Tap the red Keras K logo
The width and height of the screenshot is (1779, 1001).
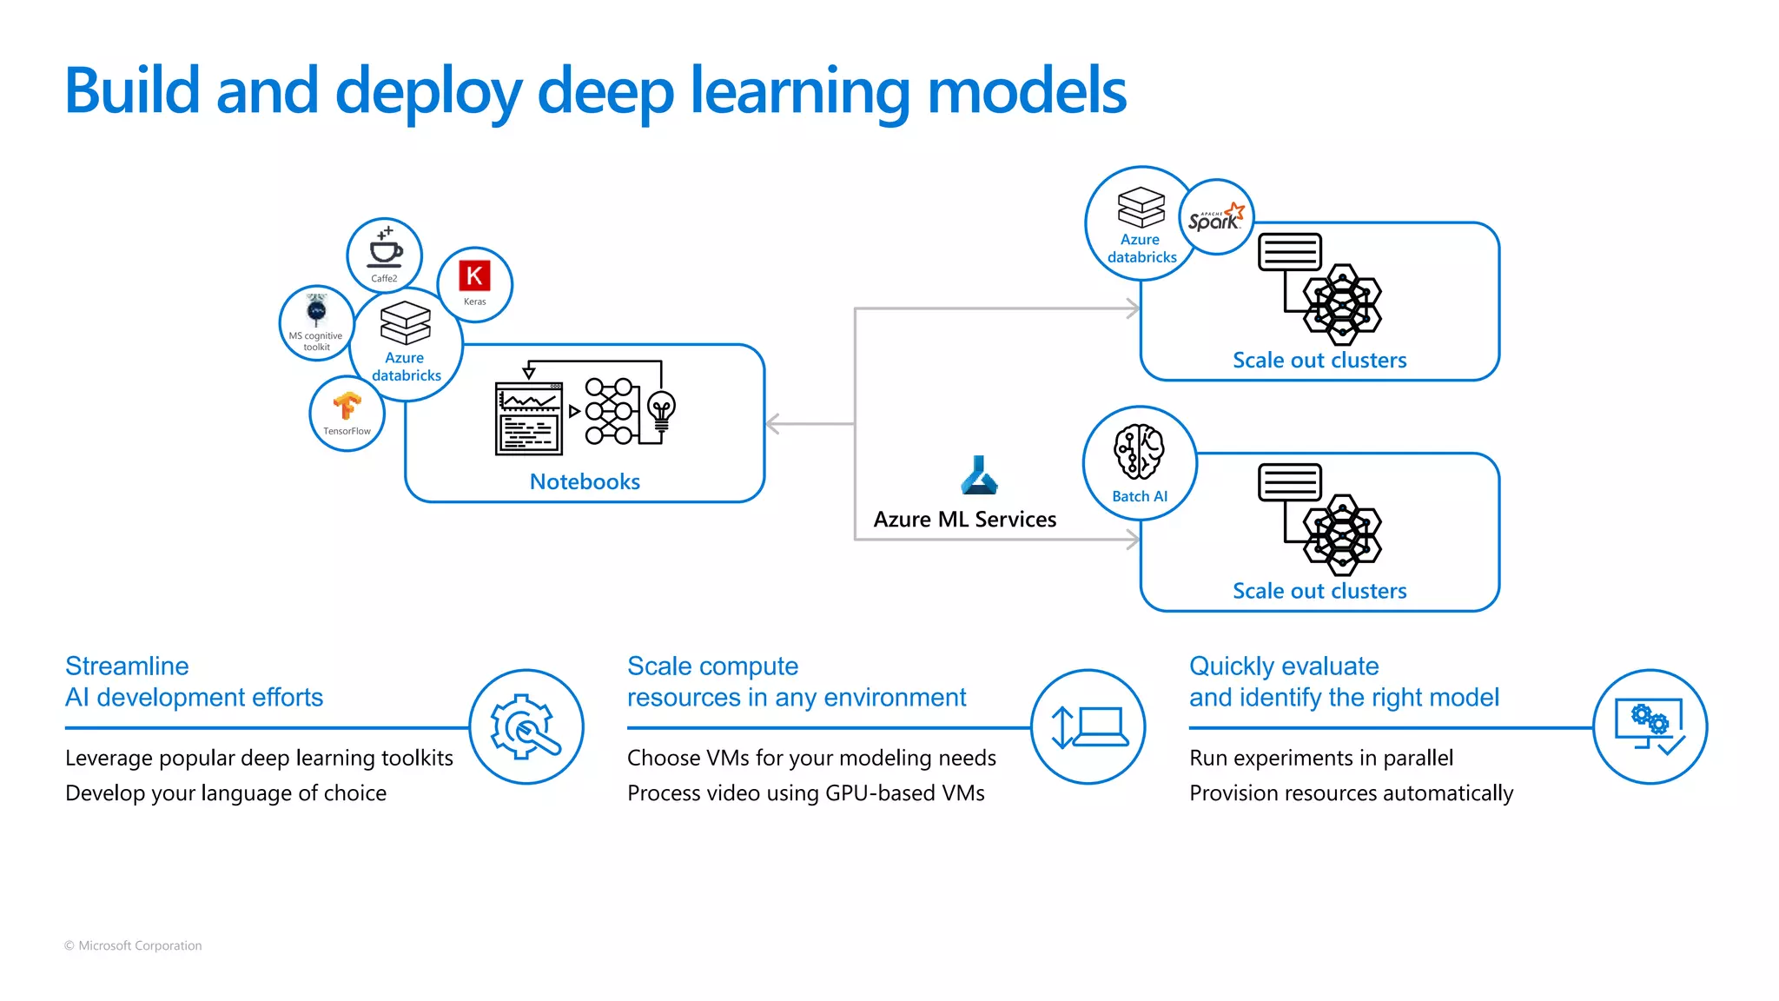click(474, 276)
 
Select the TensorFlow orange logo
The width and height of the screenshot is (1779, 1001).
click(347, 406)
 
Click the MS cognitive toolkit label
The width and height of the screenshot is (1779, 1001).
click(316, 341)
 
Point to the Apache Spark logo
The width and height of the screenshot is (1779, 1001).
click(1216, 217)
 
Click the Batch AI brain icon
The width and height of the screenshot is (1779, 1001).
click(1139, 452)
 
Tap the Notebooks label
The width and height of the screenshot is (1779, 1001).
click(585, 481)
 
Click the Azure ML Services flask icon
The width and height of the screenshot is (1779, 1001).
click(979, 475)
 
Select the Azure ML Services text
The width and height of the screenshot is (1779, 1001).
click(964, 519)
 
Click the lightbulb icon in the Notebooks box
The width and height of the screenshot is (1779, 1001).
click(662, 412)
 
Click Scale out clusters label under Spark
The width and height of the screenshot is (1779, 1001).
click(1319, 360)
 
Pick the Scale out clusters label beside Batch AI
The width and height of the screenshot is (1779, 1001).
click(1319, 591)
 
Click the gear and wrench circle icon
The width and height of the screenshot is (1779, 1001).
click(526, 726)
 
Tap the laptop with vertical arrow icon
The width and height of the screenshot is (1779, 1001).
click(1088, 726)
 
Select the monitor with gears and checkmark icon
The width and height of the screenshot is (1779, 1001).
click(1650, 726)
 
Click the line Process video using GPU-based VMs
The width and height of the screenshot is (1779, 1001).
click(805, 792)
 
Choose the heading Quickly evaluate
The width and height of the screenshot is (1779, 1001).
click(1283, 666)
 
